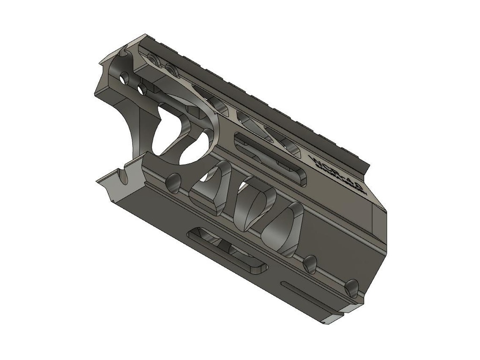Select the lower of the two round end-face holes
[x=141, y=89]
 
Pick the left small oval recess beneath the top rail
[x=152, y=59]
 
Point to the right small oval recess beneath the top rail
[x=171, y=70]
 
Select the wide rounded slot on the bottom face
[x=227, y=250]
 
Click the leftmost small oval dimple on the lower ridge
[x=173, y=183]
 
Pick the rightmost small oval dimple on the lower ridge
[x=352, y=287]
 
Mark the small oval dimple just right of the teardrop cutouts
[x=309, y=264]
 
